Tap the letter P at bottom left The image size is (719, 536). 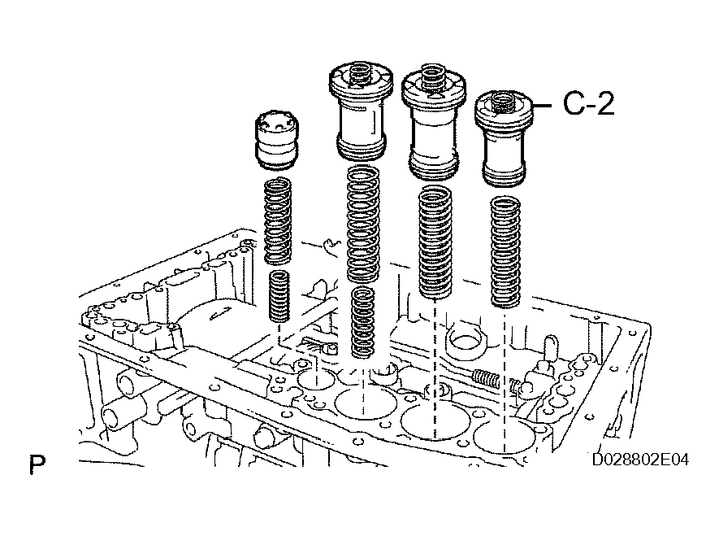(x=37, y=466)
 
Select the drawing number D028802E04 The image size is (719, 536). (x=640, y=460)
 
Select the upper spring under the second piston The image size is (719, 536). (x=362, y=224)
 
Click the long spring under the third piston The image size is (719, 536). (x=435, y=242)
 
